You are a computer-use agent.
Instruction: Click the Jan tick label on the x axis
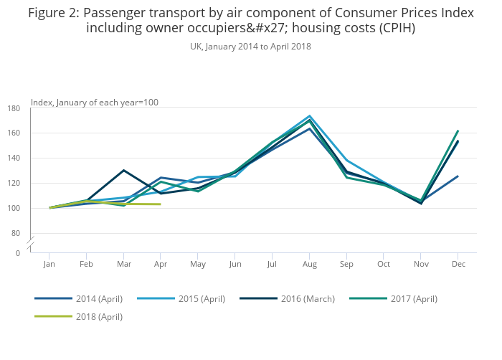tap(49, 265)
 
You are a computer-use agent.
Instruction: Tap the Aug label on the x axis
tap(309, 265)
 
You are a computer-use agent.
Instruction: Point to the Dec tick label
tap(458, 265)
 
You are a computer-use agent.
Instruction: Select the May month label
tap(198, 265)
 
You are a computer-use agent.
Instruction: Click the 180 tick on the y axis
tap(14, 108)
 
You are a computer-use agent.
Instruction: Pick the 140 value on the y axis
tap(14, 158)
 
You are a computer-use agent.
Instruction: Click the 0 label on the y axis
tap(18, 253)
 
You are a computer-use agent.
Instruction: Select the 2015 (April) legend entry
tap(191, 298)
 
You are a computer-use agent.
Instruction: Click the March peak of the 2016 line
tap(124, 170)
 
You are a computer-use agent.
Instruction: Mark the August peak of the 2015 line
tap(309, 115)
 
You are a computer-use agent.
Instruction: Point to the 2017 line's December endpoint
tap(458, 131)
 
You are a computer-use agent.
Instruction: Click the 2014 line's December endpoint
tap(458, 176)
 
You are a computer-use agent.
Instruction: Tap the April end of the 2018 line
tap(161, 204)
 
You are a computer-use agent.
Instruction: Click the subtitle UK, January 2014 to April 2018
tap(250, 47)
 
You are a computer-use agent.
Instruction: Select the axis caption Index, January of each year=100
tap(95, 103)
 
